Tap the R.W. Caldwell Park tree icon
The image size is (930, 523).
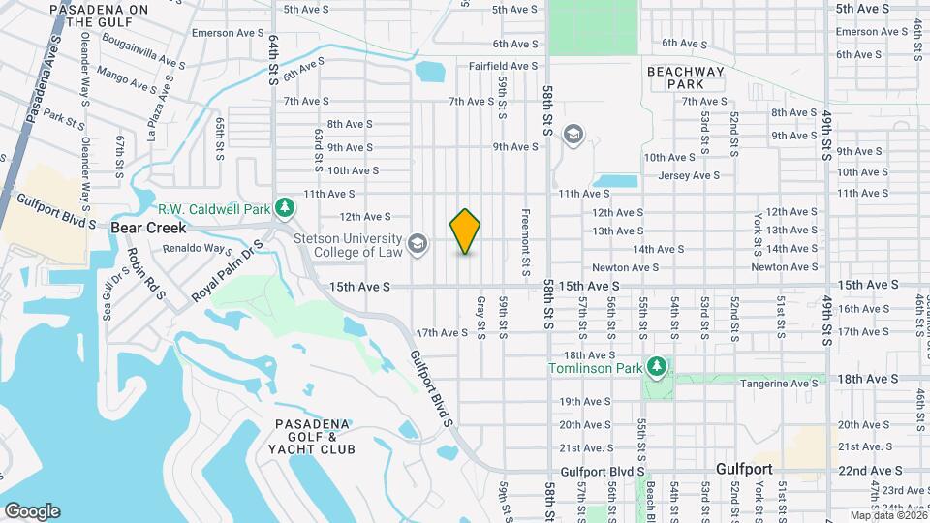[x=285, y=206]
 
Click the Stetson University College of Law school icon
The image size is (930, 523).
[x=418, y=243]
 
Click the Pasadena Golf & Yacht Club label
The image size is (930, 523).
[x=315, y=437]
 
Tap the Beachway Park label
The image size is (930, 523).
[x=685, y=77]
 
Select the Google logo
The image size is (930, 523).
[x=31, y=510]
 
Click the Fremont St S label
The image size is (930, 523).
[x=525, y=242]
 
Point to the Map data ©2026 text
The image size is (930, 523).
[x=887, y=515]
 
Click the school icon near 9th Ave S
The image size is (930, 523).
[x=573, y=135]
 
